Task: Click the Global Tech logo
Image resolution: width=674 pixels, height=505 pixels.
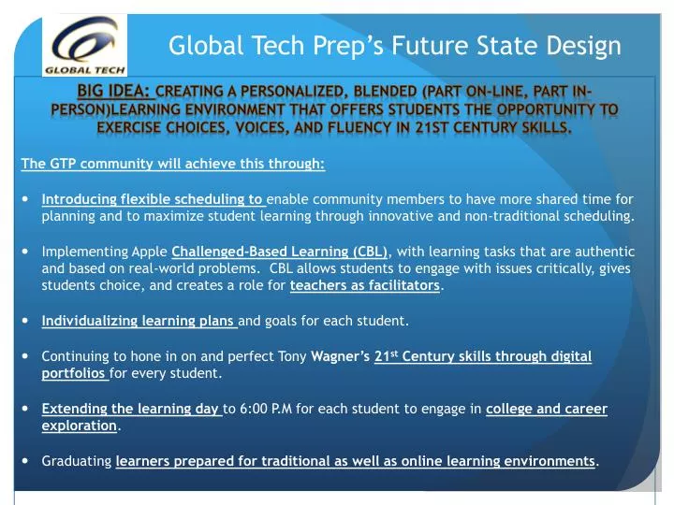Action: point(85,43)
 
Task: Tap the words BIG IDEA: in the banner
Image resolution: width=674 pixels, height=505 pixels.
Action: point(114,92)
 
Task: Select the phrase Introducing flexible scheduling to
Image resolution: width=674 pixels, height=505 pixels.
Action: point(153,199)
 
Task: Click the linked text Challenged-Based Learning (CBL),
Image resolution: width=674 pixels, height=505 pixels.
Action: point(283,251)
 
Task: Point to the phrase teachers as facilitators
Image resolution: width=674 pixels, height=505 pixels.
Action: point(364,285)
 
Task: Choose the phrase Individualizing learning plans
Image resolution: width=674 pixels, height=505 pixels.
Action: point(139,321)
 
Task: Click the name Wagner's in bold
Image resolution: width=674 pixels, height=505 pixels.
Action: point(341,356)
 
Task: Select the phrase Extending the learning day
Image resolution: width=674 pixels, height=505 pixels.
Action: point(130,409)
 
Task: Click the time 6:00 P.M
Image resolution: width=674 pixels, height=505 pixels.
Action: point(273,409)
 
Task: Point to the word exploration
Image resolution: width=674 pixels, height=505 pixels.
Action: point(80,426)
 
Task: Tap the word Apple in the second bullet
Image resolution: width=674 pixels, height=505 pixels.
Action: point(152,252)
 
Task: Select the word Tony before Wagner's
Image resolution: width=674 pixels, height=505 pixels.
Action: point(292,356)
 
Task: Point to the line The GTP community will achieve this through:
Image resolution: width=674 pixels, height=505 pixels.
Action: point(173,164)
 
